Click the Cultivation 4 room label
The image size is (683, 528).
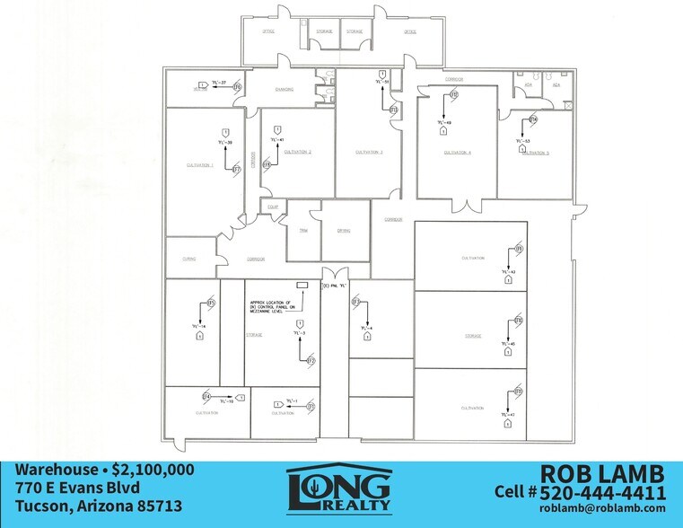coord(457,153)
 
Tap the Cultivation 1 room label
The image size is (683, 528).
coord(199,165)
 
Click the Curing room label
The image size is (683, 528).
coord(188,259)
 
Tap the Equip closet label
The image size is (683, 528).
coord(271,207)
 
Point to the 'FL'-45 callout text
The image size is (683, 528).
coord(508,344)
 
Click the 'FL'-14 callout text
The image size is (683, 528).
coord(198,325)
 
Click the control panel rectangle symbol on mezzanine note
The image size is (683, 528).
coord(301,285)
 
